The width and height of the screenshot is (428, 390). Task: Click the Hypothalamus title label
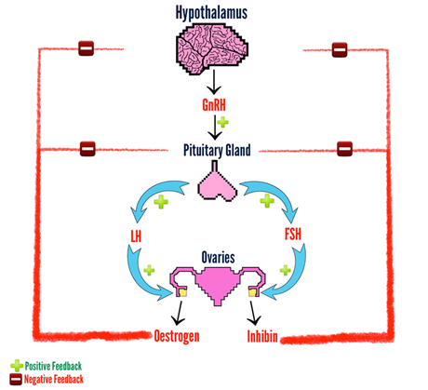point(211,13)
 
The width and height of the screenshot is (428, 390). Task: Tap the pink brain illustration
point(212,49)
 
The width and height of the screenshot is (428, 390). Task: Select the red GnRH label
point(214,104)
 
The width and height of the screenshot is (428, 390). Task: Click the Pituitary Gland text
point(217,151)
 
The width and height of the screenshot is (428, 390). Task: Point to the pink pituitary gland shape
point(217,183)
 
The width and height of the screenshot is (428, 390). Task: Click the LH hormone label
point(136,235)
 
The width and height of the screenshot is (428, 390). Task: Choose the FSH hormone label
point(293,234)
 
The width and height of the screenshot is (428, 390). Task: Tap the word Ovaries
point(218,258)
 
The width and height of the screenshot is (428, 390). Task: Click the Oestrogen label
point(177,336)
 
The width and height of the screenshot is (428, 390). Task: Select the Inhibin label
point(262,336)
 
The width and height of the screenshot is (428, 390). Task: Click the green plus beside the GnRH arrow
point(222,122)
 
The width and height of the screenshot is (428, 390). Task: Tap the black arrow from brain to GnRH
point(214,82)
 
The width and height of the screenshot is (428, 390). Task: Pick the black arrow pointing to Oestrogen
point(179,313)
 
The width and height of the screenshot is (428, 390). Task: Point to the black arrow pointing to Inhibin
point(253,313)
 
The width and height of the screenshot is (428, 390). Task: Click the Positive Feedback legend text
point(53,366)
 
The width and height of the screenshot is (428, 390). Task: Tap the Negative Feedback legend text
point(54,379)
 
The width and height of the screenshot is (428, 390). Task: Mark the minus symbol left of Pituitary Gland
point(87,149)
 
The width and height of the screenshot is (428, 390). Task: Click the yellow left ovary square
point(183,292)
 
